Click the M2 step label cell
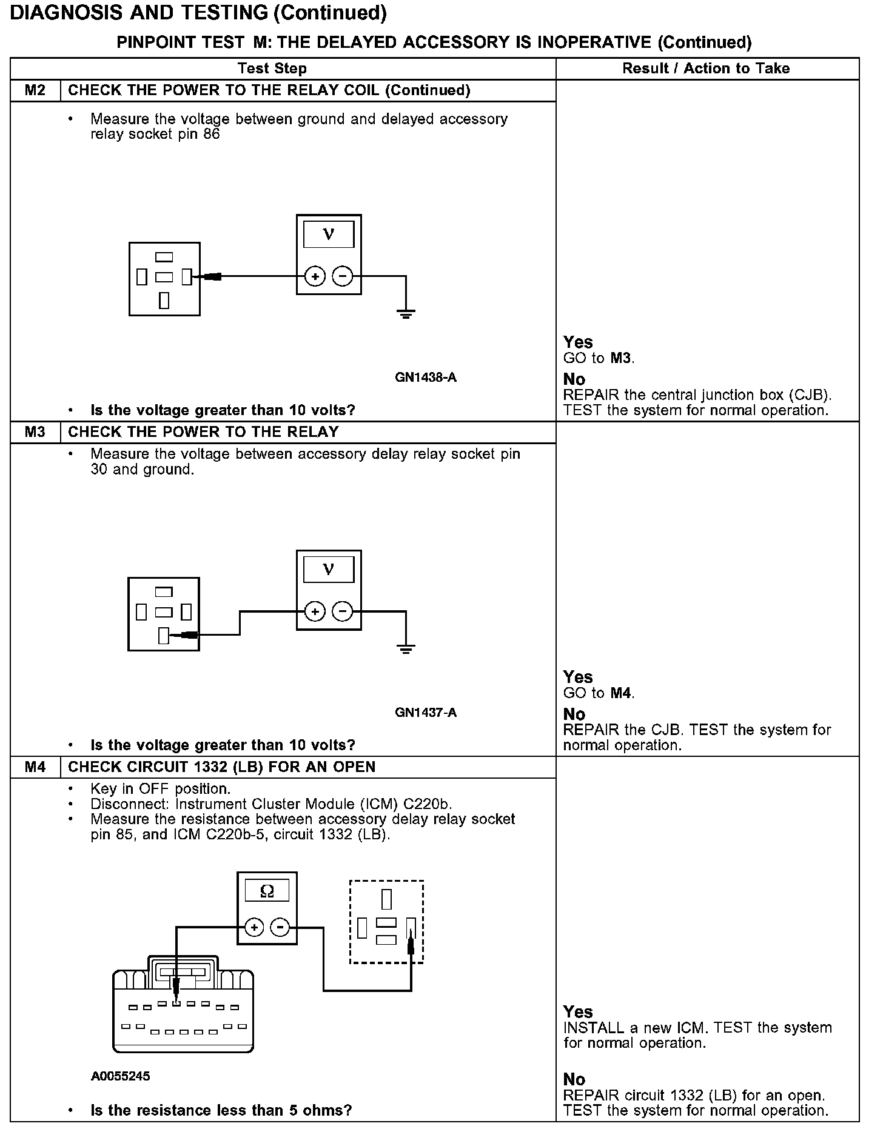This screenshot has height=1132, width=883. (x=35, y=90)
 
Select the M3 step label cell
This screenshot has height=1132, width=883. (x=35, y=432)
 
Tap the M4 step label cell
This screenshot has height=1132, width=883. (x=35, y=767)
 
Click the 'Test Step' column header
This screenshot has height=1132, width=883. (x=272, y=68)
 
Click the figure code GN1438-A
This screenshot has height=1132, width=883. (x=425, y=378)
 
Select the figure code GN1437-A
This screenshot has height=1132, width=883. (x=425, y=713)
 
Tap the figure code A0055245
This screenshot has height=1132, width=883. (x=121, y=1076)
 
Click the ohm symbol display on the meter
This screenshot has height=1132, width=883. (x=267, y=891)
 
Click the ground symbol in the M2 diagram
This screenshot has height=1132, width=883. (x=406, y=313)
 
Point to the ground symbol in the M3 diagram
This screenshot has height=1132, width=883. (x=406, y=650)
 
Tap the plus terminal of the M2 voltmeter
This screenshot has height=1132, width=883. (x=314, y=277)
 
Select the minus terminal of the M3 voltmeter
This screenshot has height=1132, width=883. (x=343, y=612)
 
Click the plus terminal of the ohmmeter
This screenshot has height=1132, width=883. (x=254, y=927)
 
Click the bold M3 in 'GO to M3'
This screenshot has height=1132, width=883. (x=621, y=358)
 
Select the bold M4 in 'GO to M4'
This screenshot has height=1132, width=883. (x=621, y=693)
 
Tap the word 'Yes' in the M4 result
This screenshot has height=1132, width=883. (x=578, y=1011)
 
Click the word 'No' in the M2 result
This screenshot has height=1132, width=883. (x=574, y=379)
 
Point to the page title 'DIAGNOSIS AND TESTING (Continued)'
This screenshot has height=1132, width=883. (x=198, y=13)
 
